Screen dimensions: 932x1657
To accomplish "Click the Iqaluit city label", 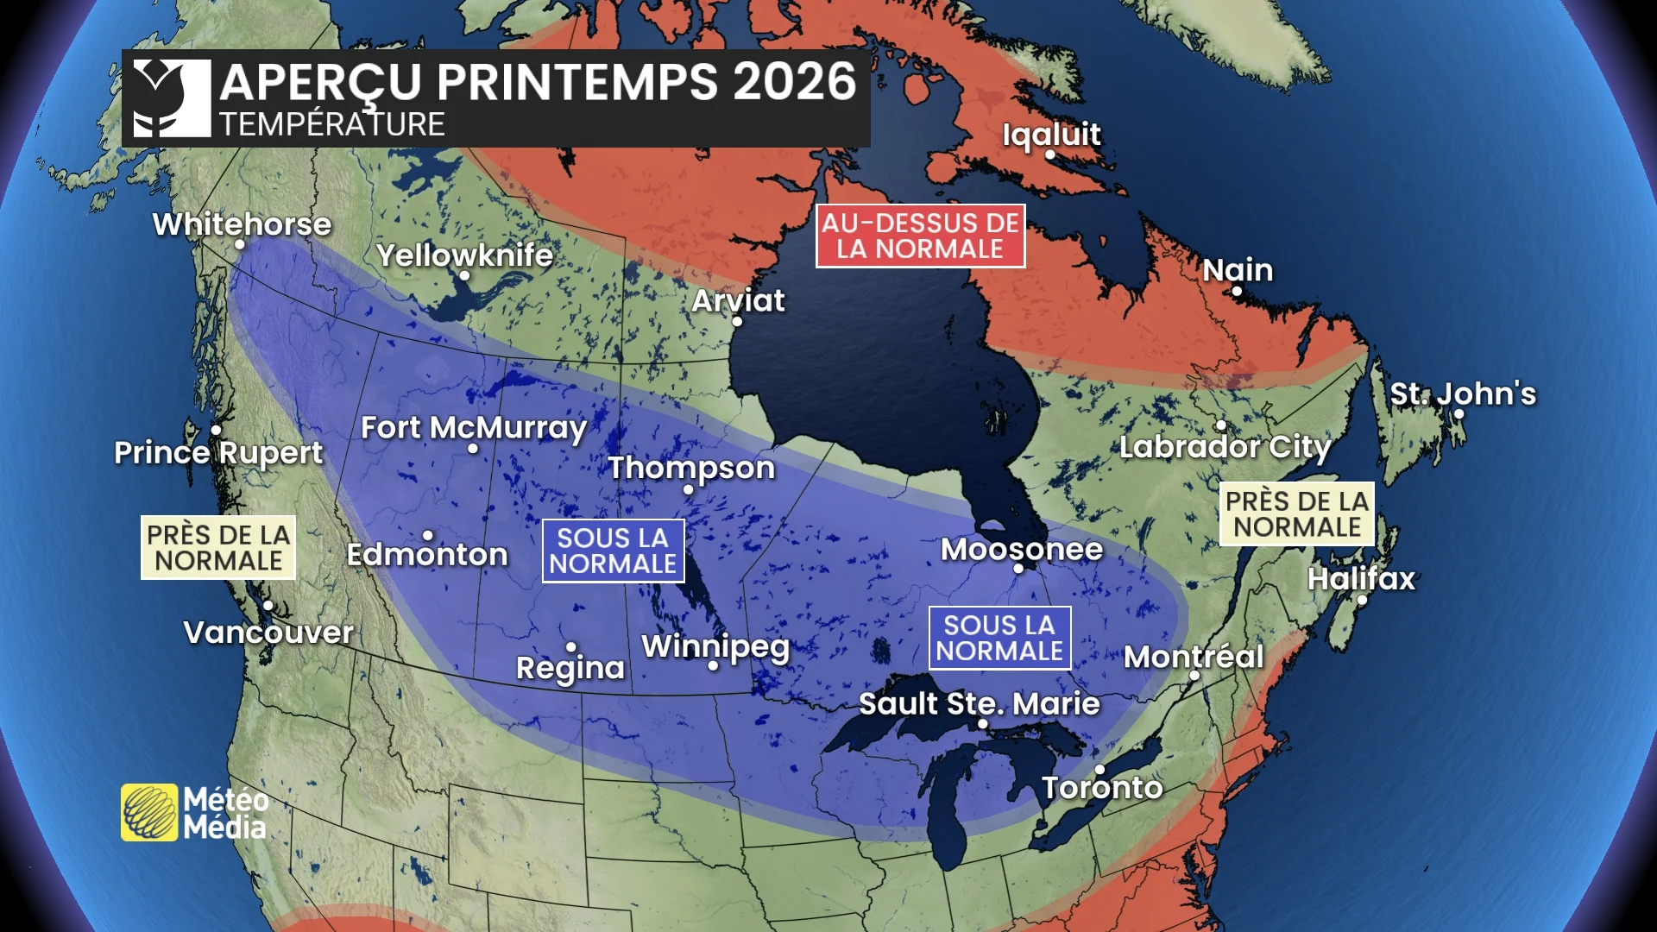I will pos(1051,135).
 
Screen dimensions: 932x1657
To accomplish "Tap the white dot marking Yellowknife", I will pos(464,276).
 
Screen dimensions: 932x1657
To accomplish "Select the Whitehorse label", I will pos(242,224).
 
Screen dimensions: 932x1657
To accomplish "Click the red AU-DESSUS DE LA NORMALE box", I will pos(920,236).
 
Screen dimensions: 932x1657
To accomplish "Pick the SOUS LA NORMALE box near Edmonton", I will pos(613,551).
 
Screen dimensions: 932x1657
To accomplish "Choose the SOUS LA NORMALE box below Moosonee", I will pos(999,638).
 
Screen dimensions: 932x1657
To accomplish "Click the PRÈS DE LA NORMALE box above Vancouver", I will pos(218,548).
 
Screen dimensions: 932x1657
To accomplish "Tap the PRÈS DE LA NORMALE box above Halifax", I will pos(1296,514).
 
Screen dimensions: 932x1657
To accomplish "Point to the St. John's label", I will pos(1463,394).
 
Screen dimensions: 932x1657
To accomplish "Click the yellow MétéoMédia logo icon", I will pos(149,812).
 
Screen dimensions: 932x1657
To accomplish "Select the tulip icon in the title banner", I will pos(172,98).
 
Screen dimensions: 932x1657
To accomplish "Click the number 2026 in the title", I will pos(794,82).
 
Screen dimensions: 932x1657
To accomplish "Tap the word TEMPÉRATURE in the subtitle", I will pos(332,124).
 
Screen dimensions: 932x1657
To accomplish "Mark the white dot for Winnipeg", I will pos(713,665).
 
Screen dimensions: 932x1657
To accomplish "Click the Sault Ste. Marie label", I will pos(979,703).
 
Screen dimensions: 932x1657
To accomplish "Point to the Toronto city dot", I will pos(1099,769).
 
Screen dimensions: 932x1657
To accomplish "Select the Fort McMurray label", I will pos(473,427).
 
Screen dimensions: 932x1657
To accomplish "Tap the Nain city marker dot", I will pos(1237,292).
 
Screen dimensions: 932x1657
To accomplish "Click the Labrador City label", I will pos(1225,447).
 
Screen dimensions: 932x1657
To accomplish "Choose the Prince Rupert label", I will pos(218,452).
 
